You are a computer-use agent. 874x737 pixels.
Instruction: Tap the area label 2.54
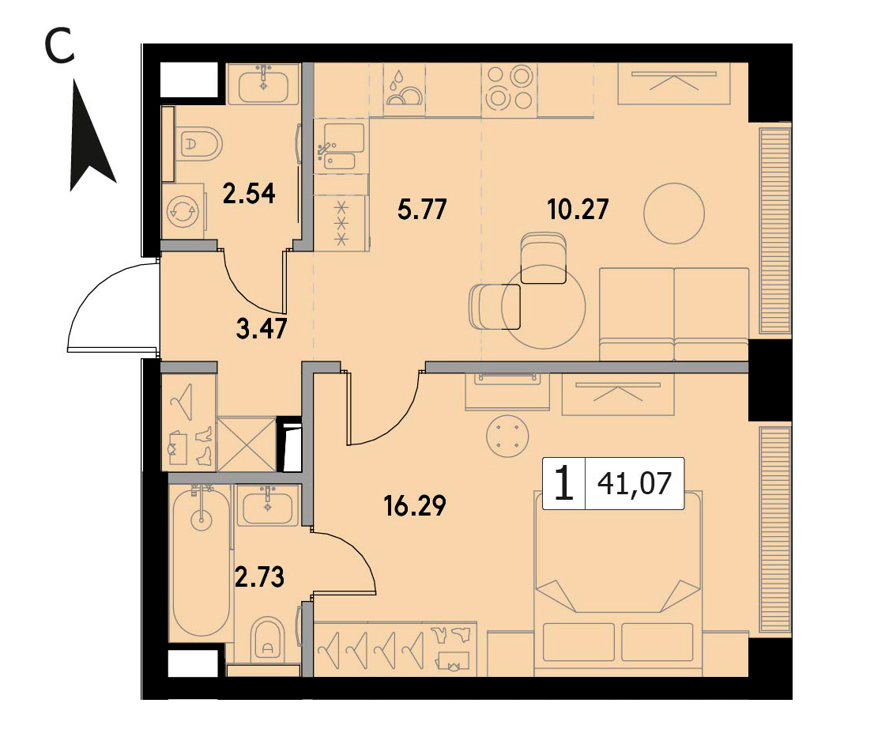[249, 195]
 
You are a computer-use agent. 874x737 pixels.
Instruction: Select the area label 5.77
[422, 210]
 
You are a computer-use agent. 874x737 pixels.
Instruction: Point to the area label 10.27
[578, 210]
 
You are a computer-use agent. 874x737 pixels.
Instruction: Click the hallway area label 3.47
[262, 329]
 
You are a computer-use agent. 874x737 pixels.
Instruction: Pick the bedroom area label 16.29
[415, 506]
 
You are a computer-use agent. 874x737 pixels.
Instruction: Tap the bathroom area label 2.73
[260, 577]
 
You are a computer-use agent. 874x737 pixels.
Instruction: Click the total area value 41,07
[635, 483]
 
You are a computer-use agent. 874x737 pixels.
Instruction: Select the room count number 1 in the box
[564, 483]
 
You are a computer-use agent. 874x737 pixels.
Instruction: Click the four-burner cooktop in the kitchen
[510, 88]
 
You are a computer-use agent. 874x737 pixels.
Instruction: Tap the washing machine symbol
[183, 211]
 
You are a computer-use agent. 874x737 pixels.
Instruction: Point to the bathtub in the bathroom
[201, 560]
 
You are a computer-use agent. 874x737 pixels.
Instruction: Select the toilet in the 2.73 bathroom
[268, 638]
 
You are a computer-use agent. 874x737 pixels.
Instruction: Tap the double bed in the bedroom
[618, 584]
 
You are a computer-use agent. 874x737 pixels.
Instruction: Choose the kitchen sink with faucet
[340, 146]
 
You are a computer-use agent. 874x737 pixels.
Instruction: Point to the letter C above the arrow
[59, 47]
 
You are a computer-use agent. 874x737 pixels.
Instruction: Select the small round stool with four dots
[507, 436]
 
